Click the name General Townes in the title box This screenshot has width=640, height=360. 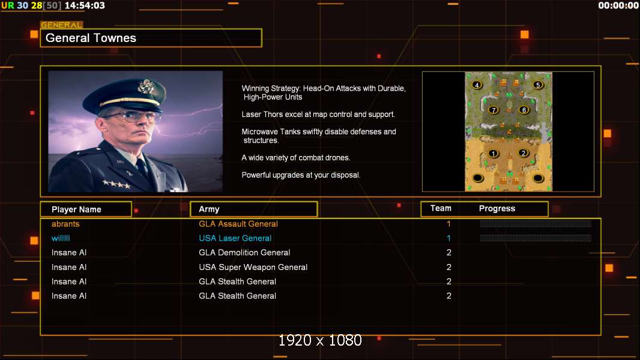(x=91, y=38)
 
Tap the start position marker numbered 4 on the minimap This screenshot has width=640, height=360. (x=477, y=85)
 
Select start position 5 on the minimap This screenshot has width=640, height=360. (x=538, y=85)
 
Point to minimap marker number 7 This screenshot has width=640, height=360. (x=494, y=110)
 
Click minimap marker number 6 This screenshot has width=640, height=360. (x=524, y=110)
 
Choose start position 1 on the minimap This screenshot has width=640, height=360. (x=494, y=154)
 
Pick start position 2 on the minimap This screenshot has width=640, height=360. (x=524, y=153)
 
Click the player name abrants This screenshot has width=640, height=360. (x=65, y=224)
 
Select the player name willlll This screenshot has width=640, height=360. (x=61, y=238)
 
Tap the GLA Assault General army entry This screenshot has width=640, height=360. (x=238, y=224)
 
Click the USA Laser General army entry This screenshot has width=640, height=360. (x=235, y=238)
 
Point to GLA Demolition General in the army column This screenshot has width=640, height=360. (x=244, y=253)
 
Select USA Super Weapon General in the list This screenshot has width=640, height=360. (x=253, y=267)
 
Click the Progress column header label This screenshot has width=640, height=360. (x=497, y=208)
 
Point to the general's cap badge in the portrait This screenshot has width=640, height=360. (x=145, y=86)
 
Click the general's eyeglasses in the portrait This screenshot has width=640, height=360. (x=132, y=117)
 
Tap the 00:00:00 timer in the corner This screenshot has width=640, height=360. (x=618, y=5)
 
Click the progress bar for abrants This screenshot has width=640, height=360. (x=535, y=223)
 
